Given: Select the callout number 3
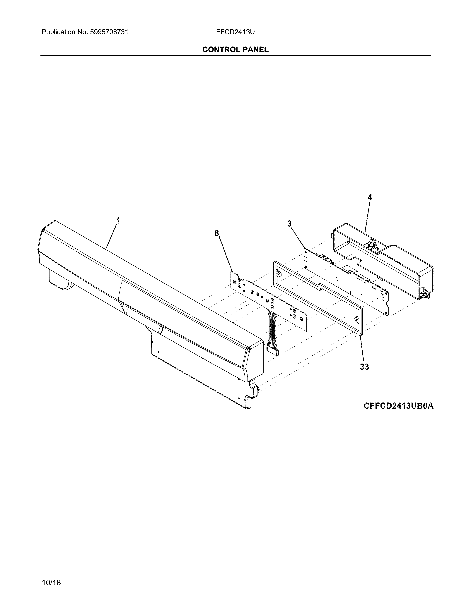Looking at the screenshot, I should pos(289,224).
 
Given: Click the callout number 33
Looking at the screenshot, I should pos(364,367).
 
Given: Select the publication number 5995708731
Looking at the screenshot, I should pos(109,32).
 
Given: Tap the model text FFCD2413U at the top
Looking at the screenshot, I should pos(235,32).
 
